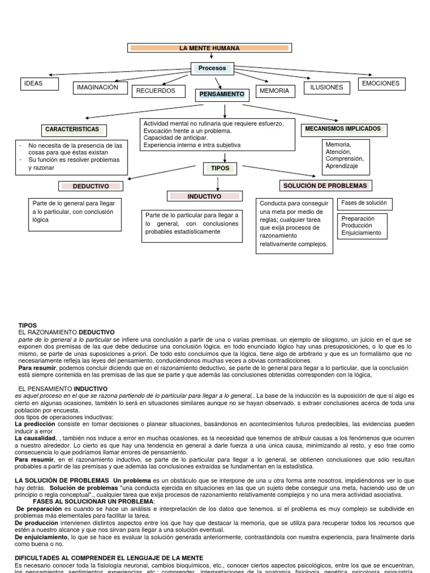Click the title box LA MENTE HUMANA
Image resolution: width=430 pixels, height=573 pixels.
(x=209, y=48)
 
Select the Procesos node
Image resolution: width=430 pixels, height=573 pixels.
(x=212, y=68)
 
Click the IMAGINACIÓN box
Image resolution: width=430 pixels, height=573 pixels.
(x=97, y=87)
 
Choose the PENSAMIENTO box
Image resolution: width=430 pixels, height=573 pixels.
(x=222, y=95)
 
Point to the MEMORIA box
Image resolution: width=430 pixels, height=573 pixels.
(x=275, y=91)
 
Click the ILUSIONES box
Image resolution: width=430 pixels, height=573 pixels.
(x=326, y=87)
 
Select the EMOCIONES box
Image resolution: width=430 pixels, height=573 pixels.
(x=381, y=83)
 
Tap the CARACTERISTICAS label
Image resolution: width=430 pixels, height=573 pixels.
(x=72, y=129)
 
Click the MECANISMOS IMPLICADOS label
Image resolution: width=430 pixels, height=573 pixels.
(x=343, y=129)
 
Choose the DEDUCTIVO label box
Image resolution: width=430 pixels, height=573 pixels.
(x=91, y=186)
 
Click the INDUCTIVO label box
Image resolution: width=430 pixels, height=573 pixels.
(x=204, y=196)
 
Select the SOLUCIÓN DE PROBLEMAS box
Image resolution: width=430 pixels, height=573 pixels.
(x=325, y=185)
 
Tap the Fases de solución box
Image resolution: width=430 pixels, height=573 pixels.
(x=364, y=203)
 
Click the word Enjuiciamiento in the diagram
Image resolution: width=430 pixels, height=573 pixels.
(x=361, y=233)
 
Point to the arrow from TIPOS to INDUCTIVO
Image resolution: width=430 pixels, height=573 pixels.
(x=218, y=182)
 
